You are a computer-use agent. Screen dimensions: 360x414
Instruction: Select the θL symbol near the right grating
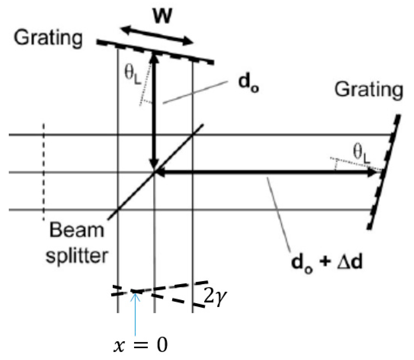click(362, 153)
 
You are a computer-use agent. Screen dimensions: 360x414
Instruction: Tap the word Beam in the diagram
click(77, 230)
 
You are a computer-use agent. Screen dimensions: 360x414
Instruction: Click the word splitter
click(77, 256)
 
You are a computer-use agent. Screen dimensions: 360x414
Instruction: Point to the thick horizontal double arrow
click(266, 173)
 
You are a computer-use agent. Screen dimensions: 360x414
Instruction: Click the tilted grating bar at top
click(155, 52)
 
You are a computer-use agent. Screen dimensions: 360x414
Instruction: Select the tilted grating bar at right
click(384, 172)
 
